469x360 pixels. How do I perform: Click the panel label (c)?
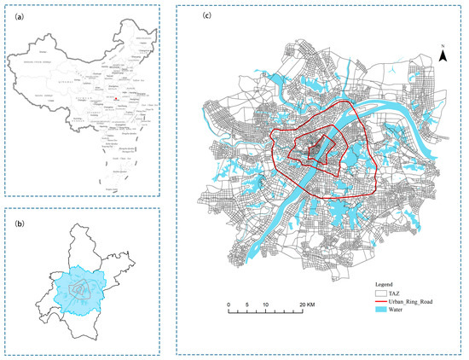point(185,15)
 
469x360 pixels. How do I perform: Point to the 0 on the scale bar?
point(229,304)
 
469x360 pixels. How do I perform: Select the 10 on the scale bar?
point(267,304)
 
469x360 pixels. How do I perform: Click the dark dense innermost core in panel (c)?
point(316,151)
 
